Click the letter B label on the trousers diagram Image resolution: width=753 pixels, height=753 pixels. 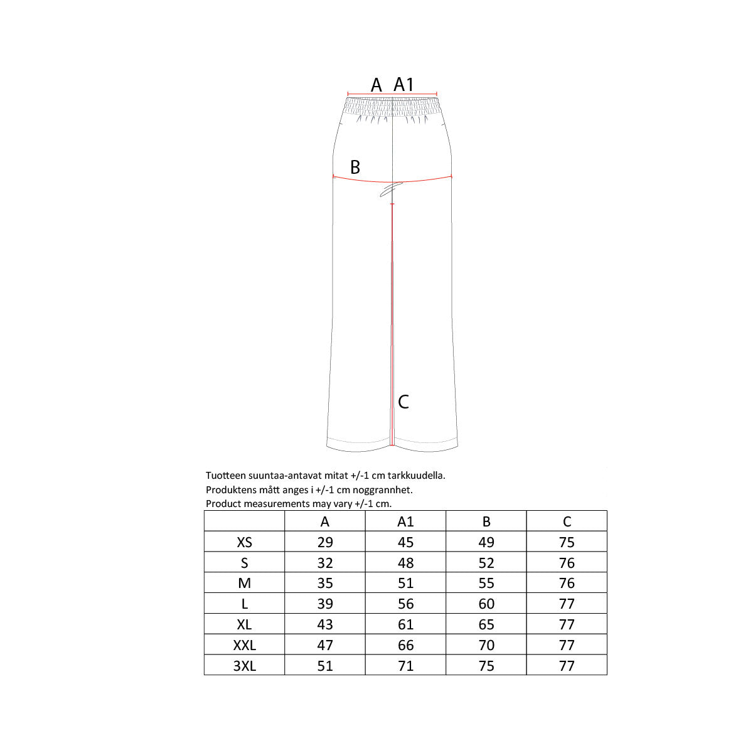point(355,168)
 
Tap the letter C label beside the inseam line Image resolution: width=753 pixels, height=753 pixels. point(403,402)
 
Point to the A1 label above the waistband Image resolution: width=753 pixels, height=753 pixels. point(403,85)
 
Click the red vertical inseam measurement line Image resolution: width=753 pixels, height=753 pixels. point(392,324)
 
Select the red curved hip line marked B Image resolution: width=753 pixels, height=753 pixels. point(392,182)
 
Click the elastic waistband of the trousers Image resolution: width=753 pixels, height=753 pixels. point(392,107)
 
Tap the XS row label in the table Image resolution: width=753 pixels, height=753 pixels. point(244,542)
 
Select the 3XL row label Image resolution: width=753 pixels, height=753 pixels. point(245,666)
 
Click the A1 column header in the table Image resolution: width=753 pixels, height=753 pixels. point(405,521)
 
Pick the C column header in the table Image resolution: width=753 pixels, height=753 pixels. point(567,521)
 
